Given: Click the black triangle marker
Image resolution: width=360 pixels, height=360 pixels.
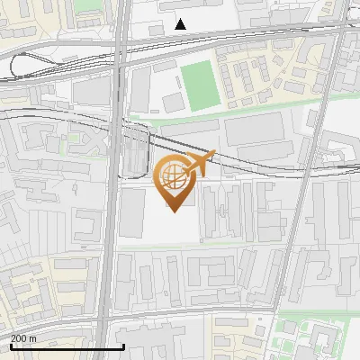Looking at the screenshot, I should pos(181,23).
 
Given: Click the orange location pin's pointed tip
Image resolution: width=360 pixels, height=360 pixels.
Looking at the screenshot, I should pos(172,211).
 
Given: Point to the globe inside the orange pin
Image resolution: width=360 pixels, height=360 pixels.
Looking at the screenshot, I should pos(171,176).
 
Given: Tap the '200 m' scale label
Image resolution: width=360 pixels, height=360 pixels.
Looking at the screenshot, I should pos(23,338).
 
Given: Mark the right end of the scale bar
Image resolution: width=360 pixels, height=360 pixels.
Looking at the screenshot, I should pos(123,347).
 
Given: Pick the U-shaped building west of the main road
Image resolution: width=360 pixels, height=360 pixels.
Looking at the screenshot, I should pos(86,224).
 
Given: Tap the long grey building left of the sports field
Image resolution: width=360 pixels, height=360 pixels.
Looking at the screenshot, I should pos(140,90).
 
